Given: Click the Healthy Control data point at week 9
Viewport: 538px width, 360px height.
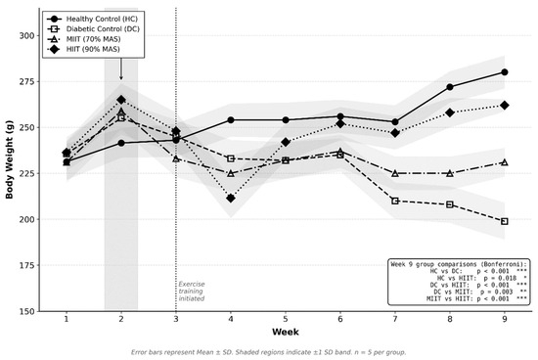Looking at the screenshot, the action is tap(505, 72).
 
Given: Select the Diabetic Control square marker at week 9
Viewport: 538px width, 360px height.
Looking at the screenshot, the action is tap(505, 221).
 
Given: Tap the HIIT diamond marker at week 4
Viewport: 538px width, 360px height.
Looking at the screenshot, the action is tap(231, 198).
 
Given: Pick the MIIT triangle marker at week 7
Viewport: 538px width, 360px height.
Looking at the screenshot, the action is tap(395, 174).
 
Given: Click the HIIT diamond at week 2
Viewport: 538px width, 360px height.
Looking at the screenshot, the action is tap(121, 100).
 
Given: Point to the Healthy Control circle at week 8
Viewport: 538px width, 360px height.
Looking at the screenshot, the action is tap(450, 87).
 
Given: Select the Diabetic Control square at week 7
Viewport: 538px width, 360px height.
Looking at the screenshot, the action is tap(395, 201).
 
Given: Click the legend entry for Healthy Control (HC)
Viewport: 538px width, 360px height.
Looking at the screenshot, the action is tap(92, 19).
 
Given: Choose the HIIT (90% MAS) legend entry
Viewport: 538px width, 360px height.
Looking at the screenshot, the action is tap(83, 49).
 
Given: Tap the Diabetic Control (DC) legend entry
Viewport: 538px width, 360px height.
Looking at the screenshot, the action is tap(93, 28).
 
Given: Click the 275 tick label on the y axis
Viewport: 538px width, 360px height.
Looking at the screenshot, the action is tap(26, 81).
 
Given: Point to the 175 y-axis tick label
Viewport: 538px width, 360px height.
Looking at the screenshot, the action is tap(26, 265).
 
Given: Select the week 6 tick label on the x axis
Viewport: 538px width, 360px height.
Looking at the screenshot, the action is tap(340, 319).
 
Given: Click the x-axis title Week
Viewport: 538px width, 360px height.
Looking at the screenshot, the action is tap(286, 332).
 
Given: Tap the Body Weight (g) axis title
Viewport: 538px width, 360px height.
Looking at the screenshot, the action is tap(9, 159).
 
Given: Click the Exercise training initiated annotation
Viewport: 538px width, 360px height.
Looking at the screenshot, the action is tap(192, 292).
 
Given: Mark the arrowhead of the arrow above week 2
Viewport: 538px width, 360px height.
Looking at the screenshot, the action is tap(120, 78).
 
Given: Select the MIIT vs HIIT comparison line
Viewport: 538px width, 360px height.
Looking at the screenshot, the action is tap(476, 299).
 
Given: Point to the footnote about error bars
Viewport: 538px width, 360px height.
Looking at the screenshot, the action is tap(269, 352).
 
